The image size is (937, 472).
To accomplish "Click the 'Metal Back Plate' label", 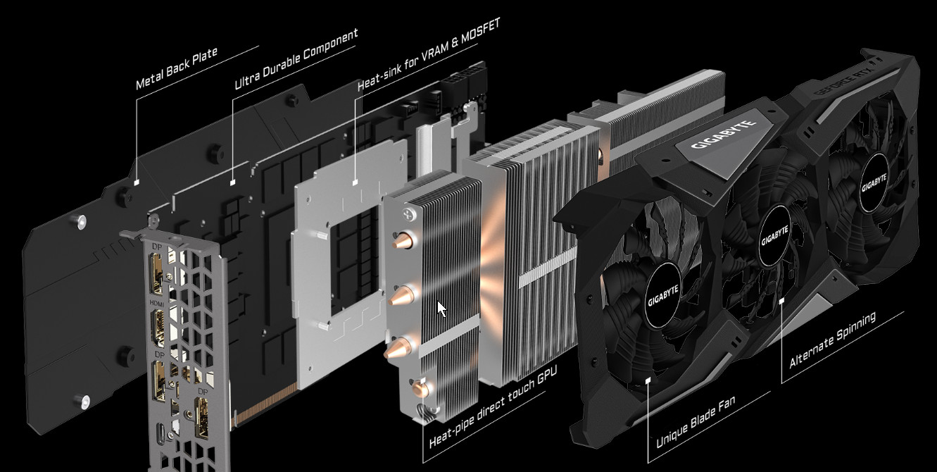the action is tap(177, 68).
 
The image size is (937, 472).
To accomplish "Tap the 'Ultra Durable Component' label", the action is tap(296, 58).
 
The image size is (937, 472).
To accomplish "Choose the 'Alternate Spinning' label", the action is tap(832, 340).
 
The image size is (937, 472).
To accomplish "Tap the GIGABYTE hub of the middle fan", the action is tap(774, 235).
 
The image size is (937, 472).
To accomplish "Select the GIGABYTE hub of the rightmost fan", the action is tap(874, 182).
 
